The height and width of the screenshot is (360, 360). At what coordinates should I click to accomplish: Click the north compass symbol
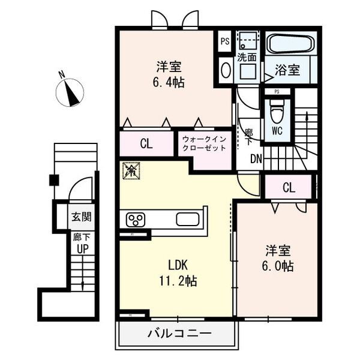click(x=70, y=92)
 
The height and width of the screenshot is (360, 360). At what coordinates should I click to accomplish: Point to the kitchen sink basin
click(x=187, y=219)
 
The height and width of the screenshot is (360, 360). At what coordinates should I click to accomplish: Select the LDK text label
click(x=178, y=265)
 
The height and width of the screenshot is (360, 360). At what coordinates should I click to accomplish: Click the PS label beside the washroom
click(x=224, y=41)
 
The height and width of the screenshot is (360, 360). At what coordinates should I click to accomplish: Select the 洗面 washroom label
click(x=246, y=58)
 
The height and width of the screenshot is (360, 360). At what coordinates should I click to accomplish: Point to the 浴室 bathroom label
click(x=287, y=70)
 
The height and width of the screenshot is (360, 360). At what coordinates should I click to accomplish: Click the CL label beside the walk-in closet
click(x=146, y=143)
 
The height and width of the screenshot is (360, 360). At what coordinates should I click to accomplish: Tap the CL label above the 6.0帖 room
click(x=289, y=187)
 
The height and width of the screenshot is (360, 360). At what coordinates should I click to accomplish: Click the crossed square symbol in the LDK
click(x=131, y=171)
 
